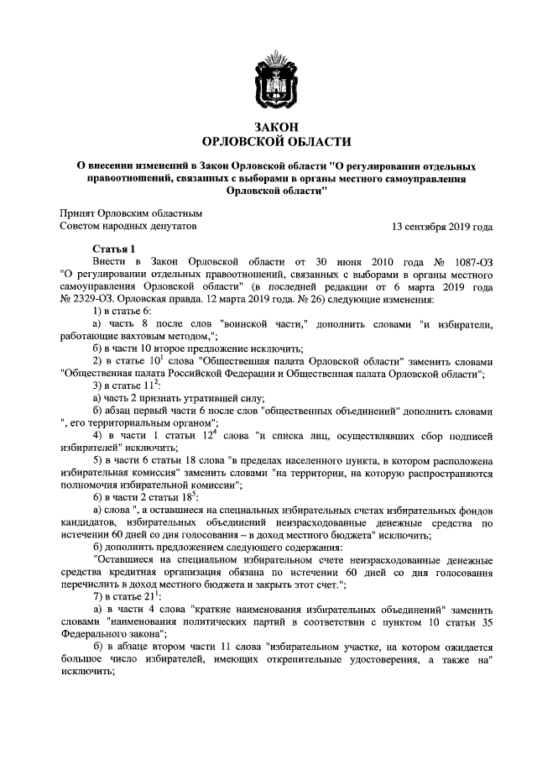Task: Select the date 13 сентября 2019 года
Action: pos(442,227)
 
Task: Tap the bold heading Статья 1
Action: pos(114,249)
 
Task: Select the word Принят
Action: pos(78,213)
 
